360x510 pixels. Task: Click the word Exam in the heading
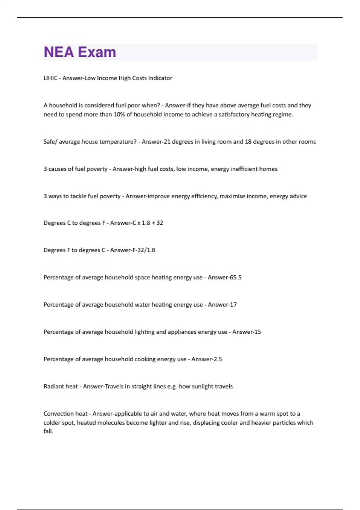click(x=97, y=52)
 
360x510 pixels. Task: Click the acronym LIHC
click(x=50, y=78)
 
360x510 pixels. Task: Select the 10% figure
click(x=119, y=114)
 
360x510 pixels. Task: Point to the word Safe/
click(x=50, y=142)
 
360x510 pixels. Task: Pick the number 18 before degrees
click(x=248, y=142)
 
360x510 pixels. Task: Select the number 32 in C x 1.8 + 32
click(x=160, y=223)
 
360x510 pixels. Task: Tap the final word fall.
click(x=48, y=431)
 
